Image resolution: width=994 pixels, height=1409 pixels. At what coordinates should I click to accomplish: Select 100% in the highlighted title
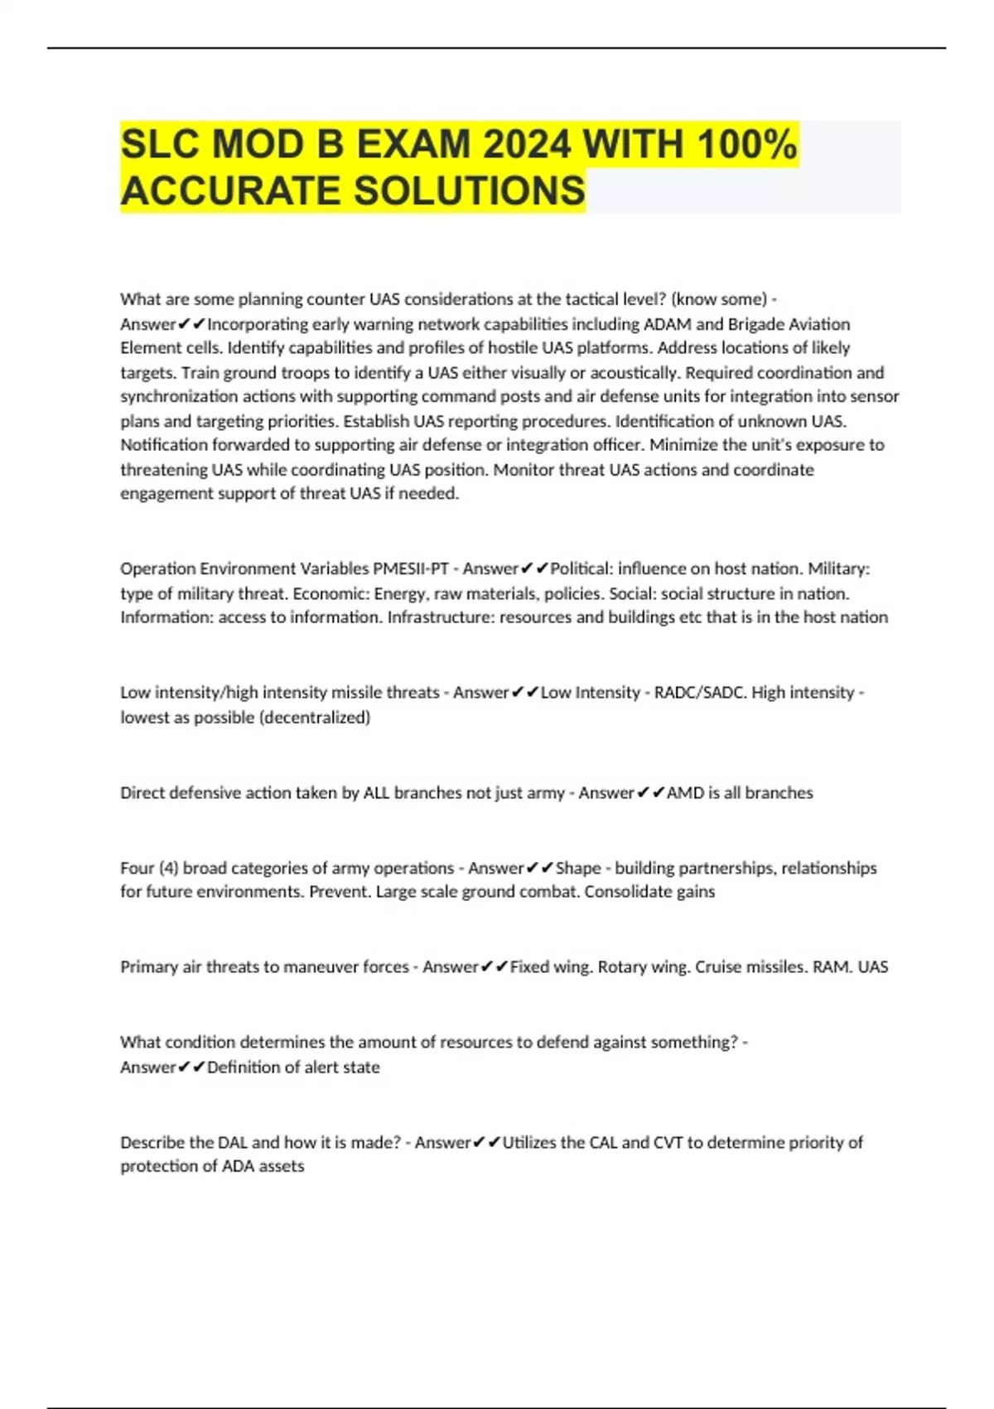pyautogui.click(x=746, y=145)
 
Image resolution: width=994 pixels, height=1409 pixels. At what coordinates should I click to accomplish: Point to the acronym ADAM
pyautogui.click(x=667, y=324)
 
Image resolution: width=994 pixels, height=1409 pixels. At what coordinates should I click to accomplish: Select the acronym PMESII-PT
pyautogui.click(x=410, y=569)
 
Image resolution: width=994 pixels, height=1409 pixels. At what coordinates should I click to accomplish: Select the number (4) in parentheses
pyautogui.click(x=168, y=869)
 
